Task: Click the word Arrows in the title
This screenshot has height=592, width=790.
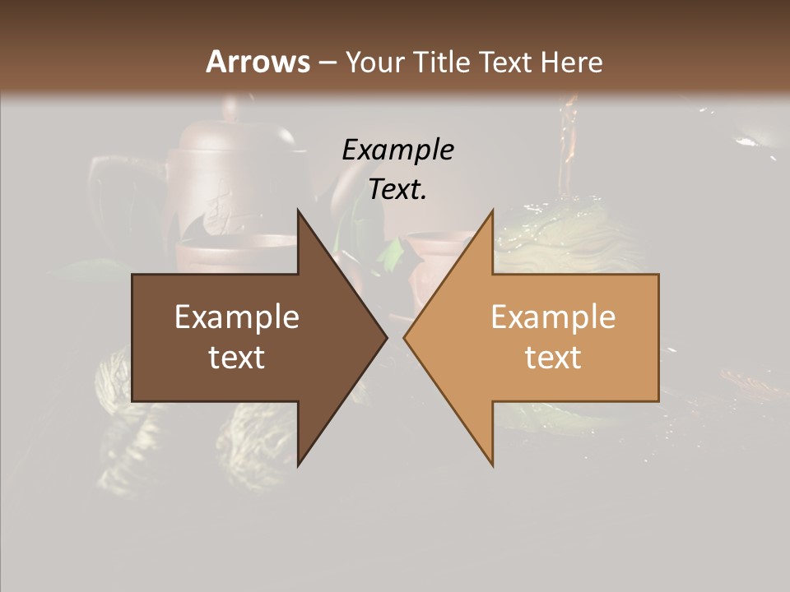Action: (x=258, y=62)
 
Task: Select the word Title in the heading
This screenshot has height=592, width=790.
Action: (x=443, y=62)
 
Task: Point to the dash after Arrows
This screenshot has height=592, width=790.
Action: (x=327, y=63)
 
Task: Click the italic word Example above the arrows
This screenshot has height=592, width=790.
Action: (x=397, y=150)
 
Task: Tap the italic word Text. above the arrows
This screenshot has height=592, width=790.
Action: (x=397, y=190)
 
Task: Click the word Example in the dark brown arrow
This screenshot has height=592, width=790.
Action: (x=237, y=317)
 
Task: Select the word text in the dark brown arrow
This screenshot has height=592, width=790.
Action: (x=237, y=358)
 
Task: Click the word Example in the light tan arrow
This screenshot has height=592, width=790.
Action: (x=553, y=317)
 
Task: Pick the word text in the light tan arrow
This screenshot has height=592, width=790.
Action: (x=553, y=358)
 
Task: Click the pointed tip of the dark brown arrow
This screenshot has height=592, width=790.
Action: (x=386, y=337)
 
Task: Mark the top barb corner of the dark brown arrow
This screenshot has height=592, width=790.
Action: (x=299, y=210)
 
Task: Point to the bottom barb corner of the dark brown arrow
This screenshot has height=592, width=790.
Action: (x=299, y=465)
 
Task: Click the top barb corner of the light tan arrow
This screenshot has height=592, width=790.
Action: (x=492, y=210)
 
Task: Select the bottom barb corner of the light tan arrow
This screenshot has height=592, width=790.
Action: (x=492, y=465)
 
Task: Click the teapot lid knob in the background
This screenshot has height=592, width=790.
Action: (x=231, y=107)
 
